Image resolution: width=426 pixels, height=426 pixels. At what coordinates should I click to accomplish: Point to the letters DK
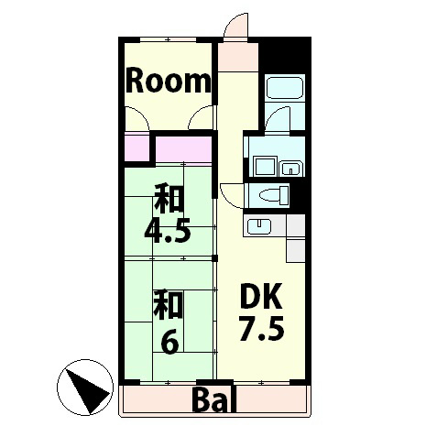[x=263, y=297]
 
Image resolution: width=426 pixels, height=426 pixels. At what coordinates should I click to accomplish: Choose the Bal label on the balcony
[x=216, y=400]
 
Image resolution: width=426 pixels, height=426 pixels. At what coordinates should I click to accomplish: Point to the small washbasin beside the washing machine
[x=289, y=168]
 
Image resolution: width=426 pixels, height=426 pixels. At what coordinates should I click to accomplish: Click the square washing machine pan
[x=267, y=167]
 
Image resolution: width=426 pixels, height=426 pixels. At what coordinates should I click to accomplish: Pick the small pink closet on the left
[x=137, y=147]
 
